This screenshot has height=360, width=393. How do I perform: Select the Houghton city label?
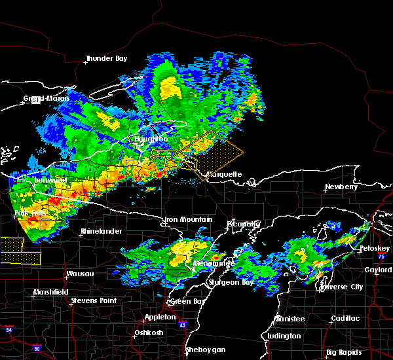click(x=151, y=139)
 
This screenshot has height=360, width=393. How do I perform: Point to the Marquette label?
click(x=224, y=175)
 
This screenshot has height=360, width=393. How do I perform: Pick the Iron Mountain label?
click(x=188, y=219)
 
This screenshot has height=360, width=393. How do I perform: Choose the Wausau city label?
click(x=80, y=274)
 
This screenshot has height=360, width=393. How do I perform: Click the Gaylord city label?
click(x=378, y=270)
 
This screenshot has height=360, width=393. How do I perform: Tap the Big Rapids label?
click(x=344, y=352)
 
